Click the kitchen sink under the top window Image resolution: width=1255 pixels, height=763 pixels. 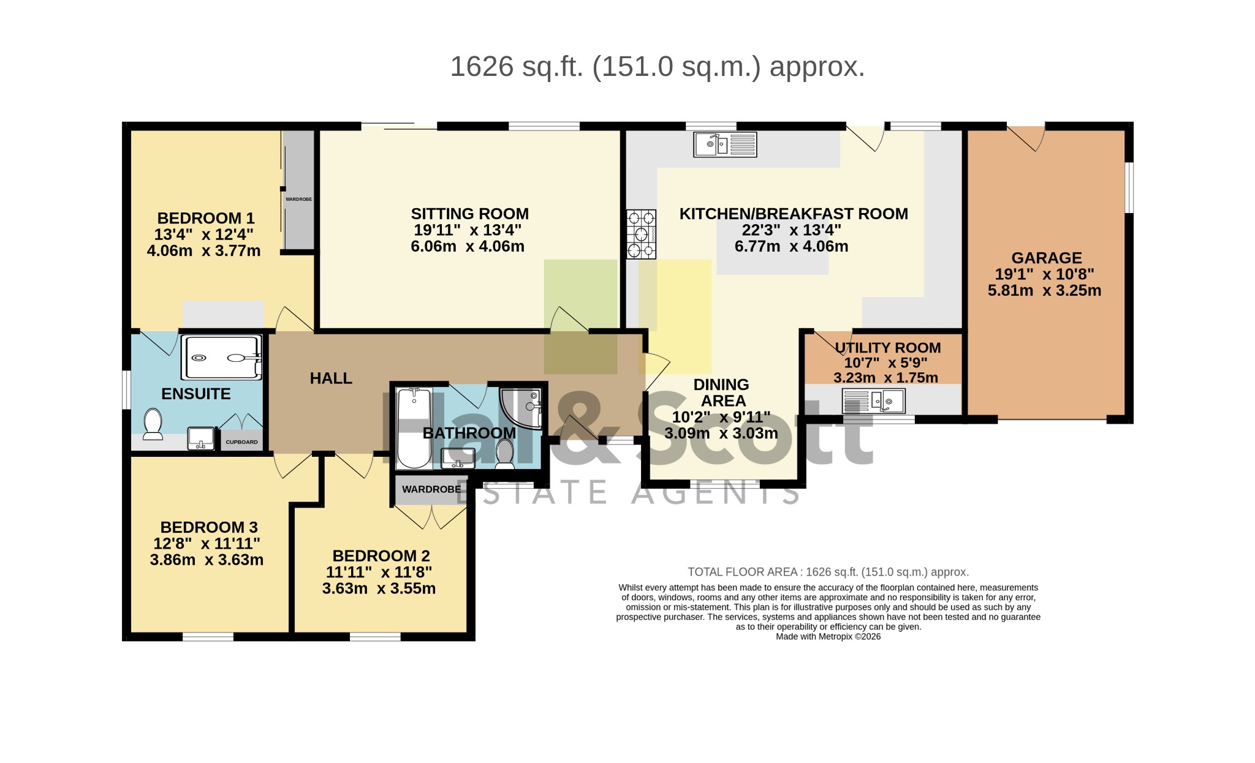click(x=725, y=145)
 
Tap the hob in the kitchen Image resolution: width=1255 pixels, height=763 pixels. click(x=642, y=234)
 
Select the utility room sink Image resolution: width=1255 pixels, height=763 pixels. click(x=874, y=401)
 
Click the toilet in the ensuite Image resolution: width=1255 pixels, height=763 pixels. click(x=153, y=424)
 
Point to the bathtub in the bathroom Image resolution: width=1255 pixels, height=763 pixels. click(x=414, y=428)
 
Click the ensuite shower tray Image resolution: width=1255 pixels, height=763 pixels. click(x=222, y=358)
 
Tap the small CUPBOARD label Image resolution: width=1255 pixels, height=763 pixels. click(x=242, y=442)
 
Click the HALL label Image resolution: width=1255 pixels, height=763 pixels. click(x=331, y=378)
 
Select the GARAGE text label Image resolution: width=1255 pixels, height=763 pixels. click(x=1047, y=258)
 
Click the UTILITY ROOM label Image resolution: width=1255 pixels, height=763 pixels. click(x=888, y=348)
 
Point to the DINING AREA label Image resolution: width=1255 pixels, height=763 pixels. click(x=722, y=393)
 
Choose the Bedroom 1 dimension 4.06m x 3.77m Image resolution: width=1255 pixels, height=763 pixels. click(x=204, y=250)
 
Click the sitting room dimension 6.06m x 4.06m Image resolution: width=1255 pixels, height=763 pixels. click(x=468, y=246)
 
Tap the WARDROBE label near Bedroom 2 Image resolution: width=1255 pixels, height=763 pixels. click(x=431, y=489)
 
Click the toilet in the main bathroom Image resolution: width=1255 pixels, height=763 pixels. click(x=505, y=454)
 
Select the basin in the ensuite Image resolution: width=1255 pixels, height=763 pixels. click(x=201, y=438)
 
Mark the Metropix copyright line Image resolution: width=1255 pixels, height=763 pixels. click(x=828, y=636)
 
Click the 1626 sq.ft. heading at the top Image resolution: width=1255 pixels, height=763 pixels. click(x=658, y=67)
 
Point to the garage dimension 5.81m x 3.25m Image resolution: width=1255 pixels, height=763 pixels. click(x=1045, y=290)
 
